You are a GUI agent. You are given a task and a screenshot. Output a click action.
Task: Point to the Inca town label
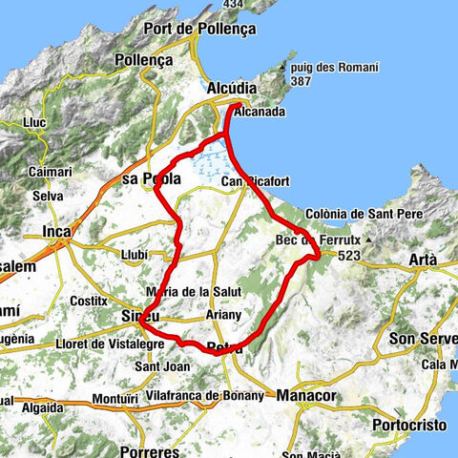pos(58,231)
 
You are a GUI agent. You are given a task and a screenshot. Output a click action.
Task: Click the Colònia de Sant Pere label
pos(367,214)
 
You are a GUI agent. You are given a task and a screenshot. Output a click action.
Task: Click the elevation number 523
pos(346,256)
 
